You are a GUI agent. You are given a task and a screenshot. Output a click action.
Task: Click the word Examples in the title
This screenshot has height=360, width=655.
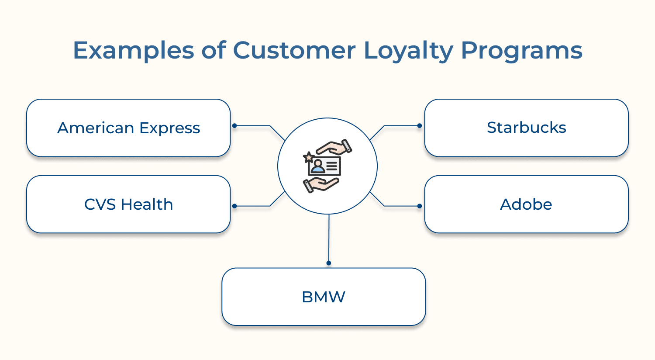click(x=133, y=51)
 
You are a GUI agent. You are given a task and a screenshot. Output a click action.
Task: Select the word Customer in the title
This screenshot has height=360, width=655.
click(x=295, y=50)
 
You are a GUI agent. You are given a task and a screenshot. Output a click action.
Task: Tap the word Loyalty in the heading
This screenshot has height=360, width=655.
click(x=409, y=51)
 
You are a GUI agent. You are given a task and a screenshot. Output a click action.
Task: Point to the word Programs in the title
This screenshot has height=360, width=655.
click(x=522, y=51)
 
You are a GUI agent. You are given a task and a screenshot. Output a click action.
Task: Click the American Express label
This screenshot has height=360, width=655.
click(x=128, y=128)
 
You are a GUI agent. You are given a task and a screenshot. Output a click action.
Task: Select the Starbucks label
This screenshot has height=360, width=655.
click(x=526, y=128)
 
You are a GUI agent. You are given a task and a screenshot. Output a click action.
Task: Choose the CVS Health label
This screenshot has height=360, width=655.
click(x=128, y=204)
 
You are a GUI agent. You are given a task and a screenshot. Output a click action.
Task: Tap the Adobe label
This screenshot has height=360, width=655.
click(x=526, y=204)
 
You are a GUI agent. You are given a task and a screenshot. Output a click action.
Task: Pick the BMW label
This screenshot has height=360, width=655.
click(x=324, y=297)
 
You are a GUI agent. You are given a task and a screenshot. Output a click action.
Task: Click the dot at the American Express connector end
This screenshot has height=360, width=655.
click(x=234, y=126)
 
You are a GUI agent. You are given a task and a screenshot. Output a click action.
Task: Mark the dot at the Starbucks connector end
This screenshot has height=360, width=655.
click(x=420, y=126)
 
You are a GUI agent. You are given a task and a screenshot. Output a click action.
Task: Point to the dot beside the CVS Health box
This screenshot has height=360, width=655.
click(x=234, y=206)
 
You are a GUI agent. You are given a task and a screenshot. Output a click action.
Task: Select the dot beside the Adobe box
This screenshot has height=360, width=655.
click(x=420, y=206)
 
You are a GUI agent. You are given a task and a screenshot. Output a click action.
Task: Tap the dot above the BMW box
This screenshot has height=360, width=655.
click(x=329, y=263)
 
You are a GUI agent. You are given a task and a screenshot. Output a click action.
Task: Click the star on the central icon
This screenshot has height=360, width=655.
click(x=309, y=157)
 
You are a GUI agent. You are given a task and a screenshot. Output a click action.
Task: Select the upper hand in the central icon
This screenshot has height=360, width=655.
click(x=335, y=148)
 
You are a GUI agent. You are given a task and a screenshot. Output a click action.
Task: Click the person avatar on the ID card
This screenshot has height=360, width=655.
click(x=317, y=166)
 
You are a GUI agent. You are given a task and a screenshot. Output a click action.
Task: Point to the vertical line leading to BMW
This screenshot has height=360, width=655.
click(x=329, y=238)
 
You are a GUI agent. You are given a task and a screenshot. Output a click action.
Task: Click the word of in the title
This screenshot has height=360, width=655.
click(x=214, y=50)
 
